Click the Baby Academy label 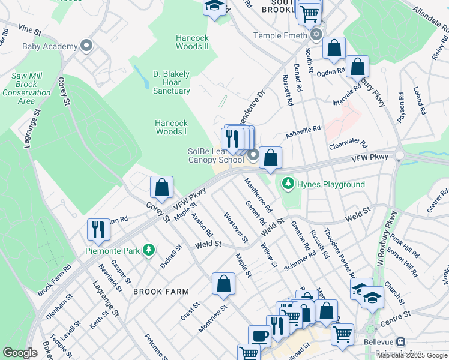click(50, 46)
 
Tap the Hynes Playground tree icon click(288, 183)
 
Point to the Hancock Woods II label click(192, 42)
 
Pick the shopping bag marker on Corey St click(161, 187)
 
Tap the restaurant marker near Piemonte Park click(98, 229)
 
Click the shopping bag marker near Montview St click(223, 284)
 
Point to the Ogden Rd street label click(331, 71)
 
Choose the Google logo click(20, 353)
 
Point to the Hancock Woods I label click(171, 127)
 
